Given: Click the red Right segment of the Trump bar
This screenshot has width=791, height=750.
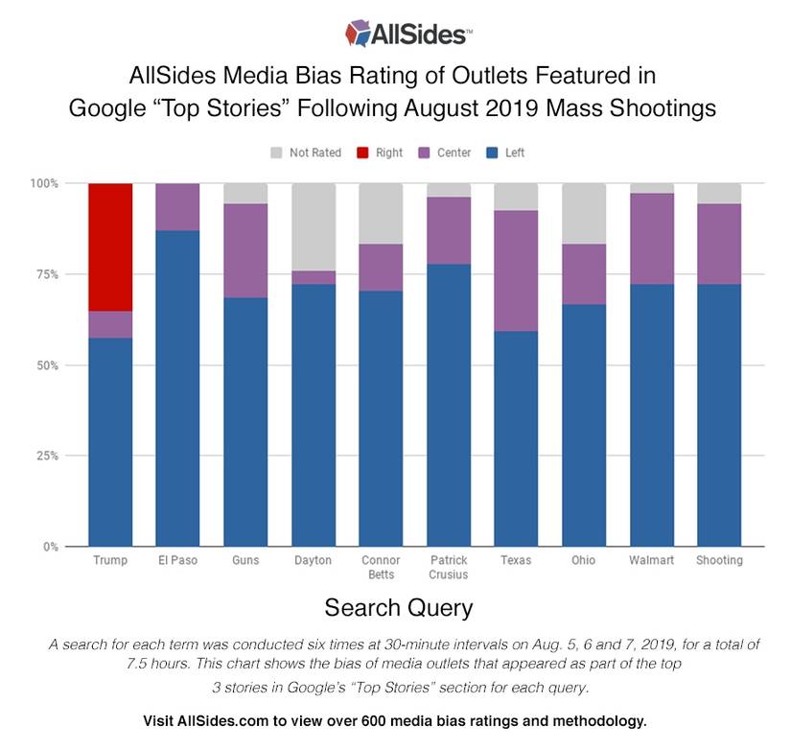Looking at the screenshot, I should pos(110,246).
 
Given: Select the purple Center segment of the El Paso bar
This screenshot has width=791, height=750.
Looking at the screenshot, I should pos(177,206).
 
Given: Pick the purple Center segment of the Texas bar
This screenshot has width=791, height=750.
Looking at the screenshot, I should pos(516,270).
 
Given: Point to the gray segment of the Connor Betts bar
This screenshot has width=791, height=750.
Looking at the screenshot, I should pos(381,213).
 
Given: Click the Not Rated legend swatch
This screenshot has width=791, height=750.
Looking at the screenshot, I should pos(278,152).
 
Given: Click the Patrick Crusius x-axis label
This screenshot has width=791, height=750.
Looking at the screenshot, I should pos(448,566).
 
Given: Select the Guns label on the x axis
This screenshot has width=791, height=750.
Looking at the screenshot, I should pos(245,560).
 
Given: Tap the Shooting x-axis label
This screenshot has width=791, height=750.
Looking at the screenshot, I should pos(719,560).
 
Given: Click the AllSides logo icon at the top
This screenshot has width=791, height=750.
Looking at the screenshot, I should pos(359,34).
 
